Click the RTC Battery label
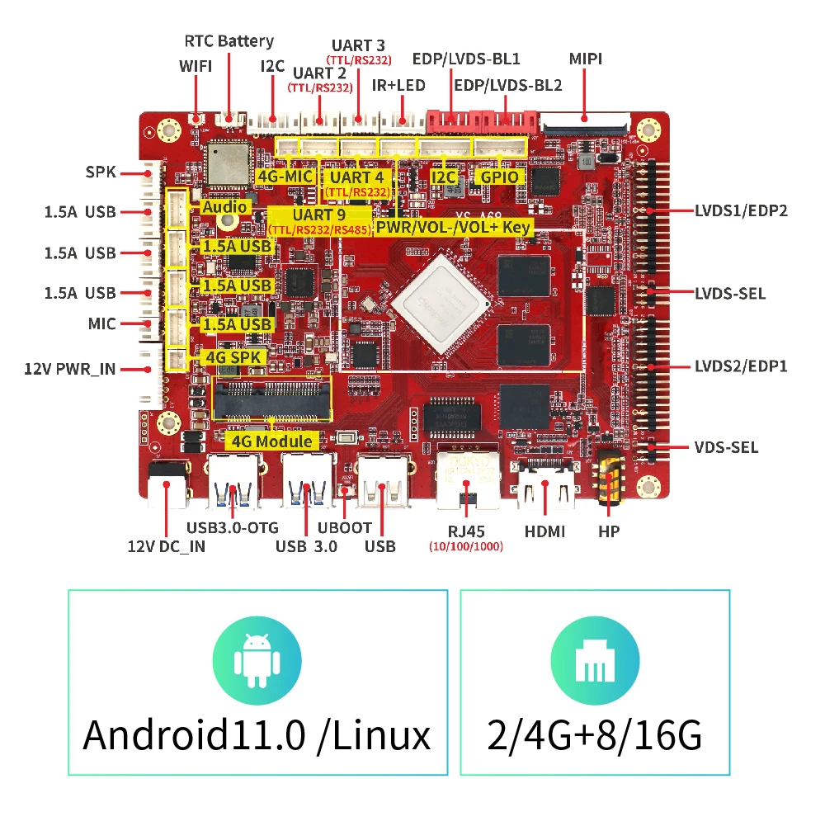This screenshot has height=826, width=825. point(229,40)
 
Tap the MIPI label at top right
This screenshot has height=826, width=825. point(586,59)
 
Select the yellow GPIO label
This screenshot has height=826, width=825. point(501,177)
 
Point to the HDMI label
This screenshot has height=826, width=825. point(545,531)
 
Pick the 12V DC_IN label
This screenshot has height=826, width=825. point(166,545)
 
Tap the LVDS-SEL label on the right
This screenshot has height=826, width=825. point(729,293)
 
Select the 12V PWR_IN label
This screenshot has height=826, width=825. point(70,369)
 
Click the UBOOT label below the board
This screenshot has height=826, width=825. point(345,528)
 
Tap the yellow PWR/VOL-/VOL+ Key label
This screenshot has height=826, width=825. point(454,226)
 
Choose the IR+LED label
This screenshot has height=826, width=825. point(398,85)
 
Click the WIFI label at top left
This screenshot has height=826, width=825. point(196,65)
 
